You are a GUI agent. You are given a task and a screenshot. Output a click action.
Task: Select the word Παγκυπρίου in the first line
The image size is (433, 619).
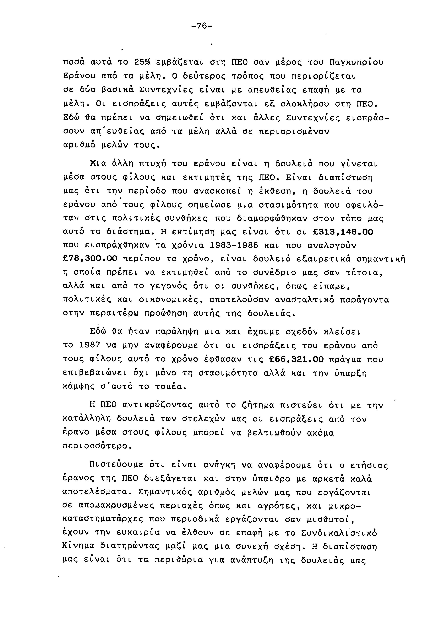click(x=356, y=62)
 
